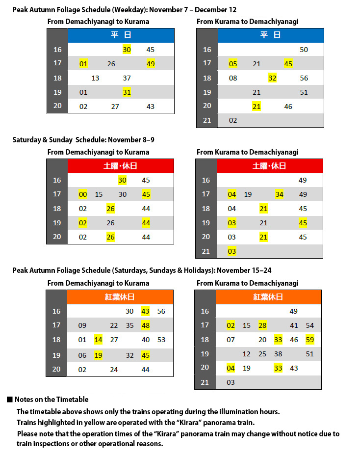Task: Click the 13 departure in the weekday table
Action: point(95,78)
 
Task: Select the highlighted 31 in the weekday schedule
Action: point(127,92)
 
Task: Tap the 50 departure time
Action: point(304,50)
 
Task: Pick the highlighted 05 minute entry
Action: point(232,64)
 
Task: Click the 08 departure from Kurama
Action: point(233,78)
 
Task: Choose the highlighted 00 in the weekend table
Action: point(83,194)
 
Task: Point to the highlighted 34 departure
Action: point(279,194)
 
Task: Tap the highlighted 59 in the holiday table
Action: point(309,340)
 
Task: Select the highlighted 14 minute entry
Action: point(98,340)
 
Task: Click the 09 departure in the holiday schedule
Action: point(82,325)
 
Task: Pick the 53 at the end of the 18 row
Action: point(161,340)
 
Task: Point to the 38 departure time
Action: point(278,354)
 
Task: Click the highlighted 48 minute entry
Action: point(145,325)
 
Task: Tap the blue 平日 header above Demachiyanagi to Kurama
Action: point(121,35)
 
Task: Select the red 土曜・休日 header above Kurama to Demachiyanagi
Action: point(269,166)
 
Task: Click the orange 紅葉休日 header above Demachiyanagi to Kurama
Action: point(120,297)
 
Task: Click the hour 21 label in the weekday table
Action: point(207,120)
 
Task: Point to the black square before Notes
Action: point(9,400)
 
